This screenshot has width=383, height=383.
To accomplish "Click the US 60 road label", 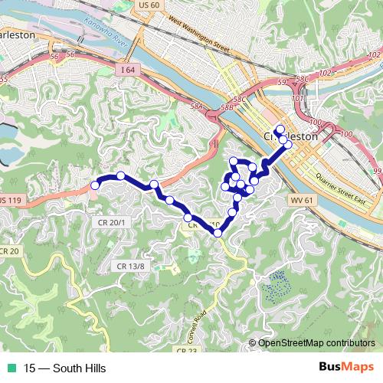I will (x=150, y=5).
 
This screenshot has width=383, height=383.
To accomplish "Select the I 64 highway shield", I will (x=127, y=69).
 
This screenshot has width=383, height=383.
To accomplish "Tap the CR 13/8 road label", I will (x=131, y=265).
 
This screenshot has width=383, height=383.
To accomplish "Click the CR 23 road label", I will (x=186, y=350).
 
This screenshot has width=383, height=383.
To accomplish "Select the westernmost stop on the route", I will (x=95, y=185).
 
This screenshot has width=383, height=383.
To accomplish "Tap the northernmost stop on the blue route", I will (x=280, y=129).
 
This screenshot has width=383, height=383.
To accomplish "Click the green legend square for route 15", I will (x=12, y=367).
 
